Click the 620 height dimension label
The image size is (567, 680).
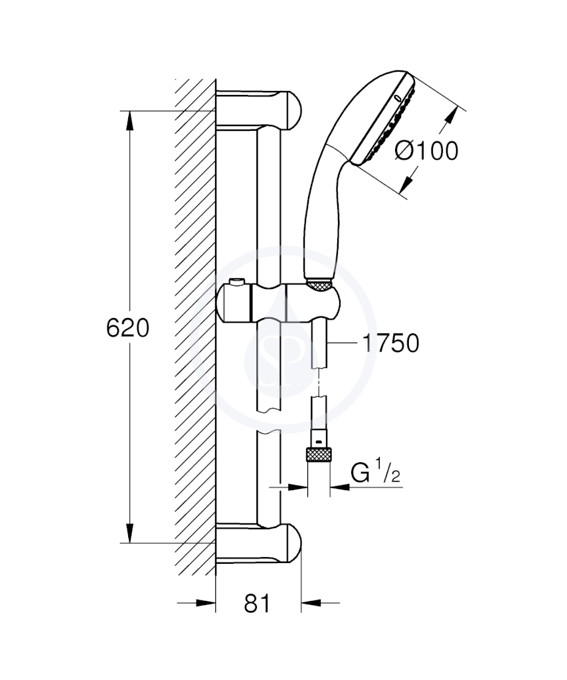(127, 328)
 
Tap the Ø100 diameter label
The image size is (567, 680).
(426, 151)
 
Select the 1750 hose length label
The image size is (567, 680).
(390, 343)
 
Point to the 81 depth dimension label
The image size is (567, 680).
(257, 603)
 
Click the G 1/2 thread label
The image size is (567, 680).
(375, 473)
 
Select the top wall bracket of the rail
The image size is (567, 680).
(258, 110)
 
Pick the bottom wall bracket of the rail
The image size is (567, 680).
(258, 543)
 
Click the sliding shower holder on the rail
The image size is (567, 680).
(278, 302)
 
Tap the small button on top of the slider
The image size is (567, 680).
(236, 282)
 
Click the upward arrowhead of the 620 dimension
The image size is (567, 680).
(129, 120)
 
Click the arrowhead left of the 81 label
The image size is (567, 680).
(206, 603)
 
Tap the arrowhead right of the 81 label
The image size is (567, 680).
(311, 603)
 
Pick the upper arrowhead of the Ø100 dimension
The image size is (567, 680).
(451, 116)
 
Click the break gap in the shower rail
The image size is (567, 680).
(269, 420)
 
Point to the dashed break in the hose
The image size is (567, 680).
(319, 382)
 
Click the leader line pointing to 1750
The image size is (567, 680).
(343, 343)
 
